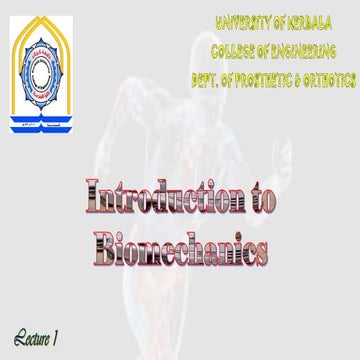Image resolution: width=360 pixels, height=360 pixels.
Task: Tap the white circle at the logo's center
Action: pyautogui.click(x=42, y=66)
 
